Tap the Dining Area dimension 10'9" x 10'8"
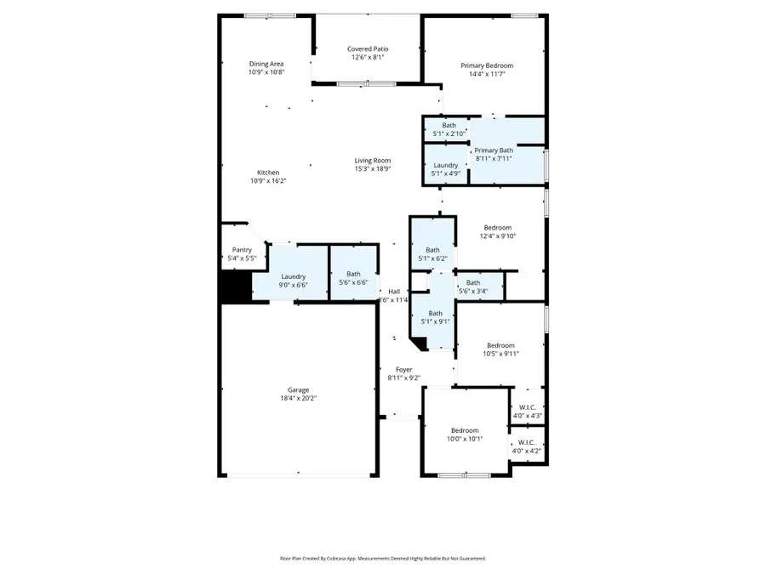click(x=266, y=73)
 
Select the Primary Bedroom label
click(x=487, y=65)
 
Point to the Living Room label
click(x=372, y=161)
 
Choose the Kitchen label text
click(x=268, y=173)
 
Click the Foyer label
click(x=404, y=370)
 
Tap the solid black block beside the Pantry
click(x=235, y=287)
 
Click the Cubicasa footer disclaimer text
click(x=383, y=559)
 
